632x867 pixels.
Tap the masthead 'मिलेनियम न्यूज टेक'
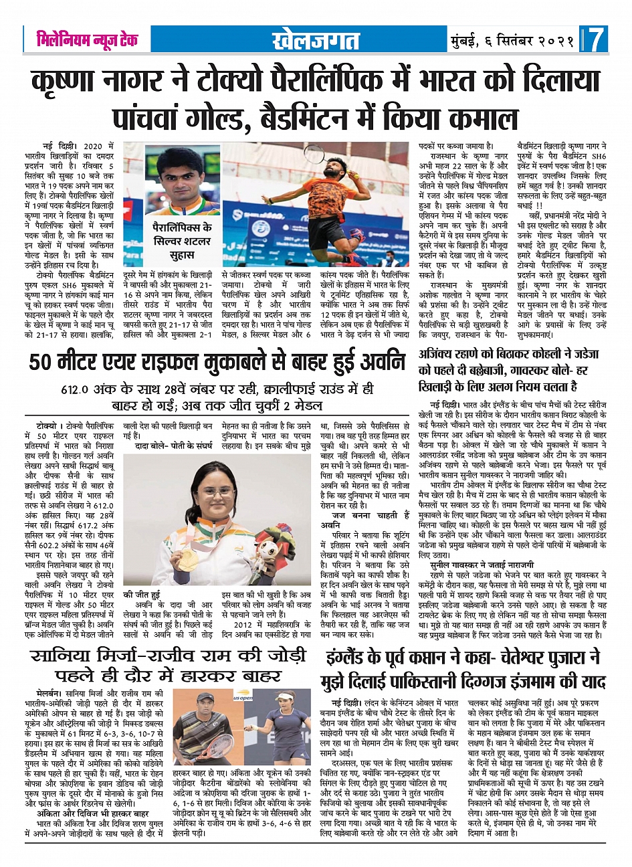point(87,40)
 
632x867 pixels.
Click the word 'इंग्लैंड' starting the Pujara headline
point(354,658)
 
